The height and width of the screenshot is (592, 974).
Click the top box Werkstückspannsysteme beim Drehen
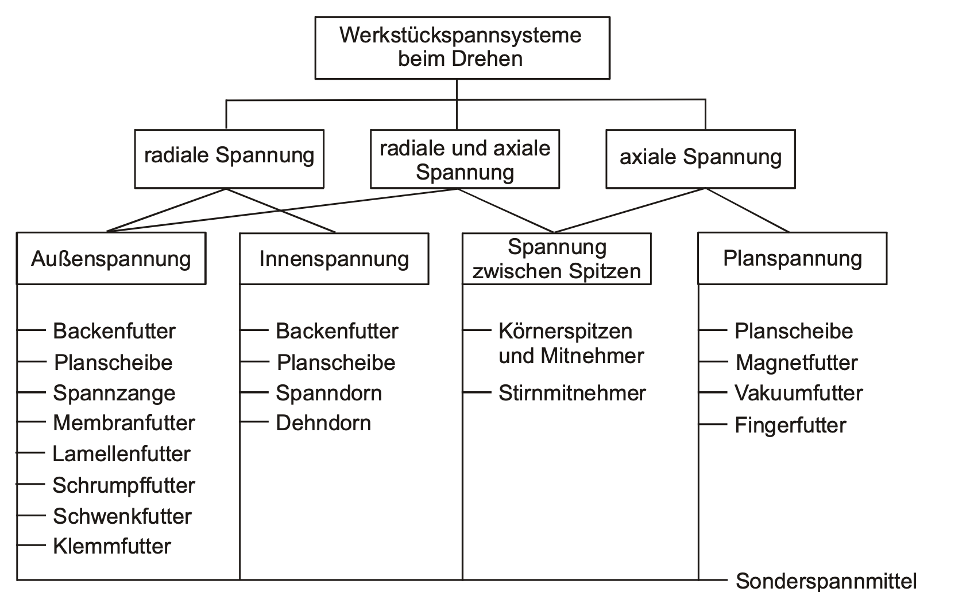(462, 48)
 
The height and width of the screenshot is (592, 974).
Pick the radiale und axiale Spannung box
(465, 159)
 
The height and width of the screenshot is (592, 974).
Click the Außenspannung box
(111, 258)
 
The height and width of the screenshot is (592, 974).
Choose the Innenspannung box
(334, 258)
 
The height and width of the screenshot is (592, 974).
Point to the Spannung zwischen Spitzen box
(556, 258)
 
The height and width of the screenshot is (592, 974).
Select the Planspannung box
(792, 258)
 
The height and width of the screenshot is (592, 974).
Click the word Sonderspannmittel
(826, 581)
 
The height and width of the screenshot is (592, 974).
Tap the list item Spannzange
(114, 393)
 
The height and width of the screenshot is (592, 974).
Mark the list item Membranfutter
(123, 423)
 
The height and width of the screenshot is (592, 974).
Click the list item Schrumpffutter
(123, 485)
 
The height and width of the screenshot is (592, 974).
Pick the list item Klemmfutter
(111, 546)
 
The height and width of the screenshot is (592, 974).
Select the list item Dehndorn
(323, 423)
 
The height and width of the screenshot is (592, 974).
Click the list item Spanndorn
(328, 393)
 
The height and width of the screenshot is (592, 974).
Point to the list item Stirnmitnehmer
(572, 393)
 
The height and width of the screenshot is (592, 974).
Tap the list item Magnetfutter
(796, 363)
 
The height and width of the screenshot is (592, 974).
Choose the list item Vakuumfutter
(798, 393)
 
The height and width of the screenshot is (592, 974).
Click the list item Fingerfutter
(790, 425)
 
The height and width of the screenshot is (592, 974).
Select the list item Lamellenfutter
(121, 454)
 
